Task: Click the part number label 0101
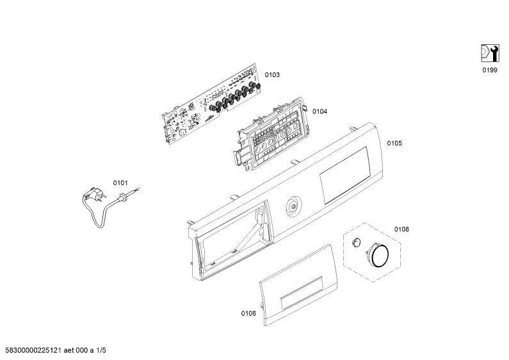coord(120,183)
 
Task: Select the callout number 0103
coord(272,75)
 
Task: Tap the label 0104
coord(319,111)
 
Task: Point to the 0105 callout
coord(394,143)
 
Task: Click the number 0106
coord(248,313)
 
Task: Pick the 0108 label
coord(401,229)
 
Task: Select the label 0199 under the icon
coord(490,70)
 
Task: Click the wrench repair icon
coord(490,53)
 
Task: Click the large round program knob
coord(378,255)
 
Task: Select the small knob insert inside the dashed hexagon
coord(356,242)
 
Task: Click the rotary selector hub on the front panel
coord(294,206)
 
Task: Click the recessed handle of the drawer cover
coord(302,293)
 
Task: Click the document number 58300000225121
coord(33,350)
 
